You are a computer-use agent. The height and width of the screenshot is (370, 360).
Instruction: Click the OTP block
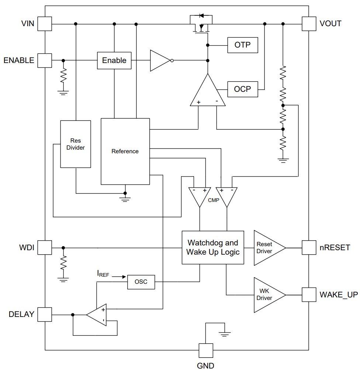(243, 45)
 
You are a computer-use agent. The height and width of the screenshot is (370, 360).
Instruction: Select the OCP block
(243, 89)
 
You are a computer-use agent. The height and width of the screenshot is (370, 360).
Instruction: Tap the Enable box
(114, 61)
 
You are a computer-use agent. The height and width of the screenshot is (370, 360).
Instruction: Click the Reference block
(125, 151)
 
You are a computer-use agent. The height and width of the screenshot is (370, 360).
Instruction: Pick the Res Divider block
(76, 144)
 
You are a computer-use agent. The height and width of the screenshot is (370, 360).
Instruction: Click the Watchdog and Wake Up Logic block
(213, 248)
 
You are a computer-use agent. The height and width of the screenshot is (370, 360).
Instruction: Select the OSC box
(141, 282)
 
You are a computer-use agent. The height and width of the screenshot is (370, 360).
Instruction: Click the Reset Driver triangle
(270, 248)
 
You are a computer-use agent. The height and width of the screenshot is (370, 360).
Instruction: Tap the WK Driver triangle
(270, 295)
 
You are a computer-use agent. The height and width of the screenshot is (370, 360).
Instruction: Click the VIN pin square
(45, 24)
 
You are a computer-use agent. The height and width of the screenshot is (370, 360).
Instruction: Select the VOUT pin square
(309, 24)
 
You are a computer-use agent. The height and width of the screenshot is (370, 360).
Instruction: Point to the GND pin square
(206, 350)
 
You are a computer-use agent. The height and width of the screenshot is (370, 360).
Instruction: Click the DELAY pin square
(45, 315)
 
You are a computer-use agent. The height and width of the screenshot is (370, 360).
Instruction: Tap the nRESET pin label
(335, 248)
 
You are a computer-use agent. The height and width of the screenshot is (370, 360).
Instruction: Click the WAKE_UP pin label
(339, 295)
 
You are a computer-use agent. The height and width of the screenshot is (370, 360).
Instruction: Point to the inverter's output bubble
(172, 61)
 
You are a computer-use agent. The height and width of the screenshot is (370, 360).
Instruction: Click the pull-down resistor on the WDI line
(63, 263)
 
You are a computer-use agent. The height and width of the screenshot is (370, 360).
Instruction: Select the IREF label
(103, 274)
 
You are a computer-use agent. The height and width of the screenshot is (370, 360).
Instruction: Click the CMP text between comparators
(214, 200)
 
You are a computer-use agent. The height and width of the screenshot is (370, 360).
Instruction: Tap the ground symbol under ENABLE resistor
(63, 93)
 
